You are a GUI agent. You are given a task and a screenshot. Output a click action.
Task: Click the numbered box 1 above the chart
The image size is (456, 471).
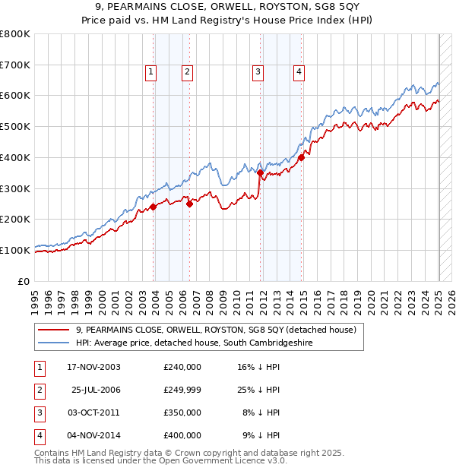pyautogui.click(x=150, y=72)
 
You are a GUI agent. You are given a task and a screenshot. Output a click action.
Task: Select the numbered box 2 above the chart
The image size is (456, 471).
pyautogui.click(x=186, y=72)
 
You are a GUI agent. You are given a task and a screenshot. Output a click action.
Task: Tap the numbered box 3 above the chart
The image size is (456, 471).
pyautogui.click(x=258, y=72)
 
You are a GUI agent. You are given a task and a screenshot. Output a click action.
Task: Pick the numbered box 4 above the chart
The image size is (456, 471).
pyautogui.click(x=299, y=72)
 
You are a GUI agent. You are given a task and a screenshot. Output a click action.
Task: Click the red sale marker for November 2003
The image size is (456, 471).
pyautogui.click(x=153, y=206)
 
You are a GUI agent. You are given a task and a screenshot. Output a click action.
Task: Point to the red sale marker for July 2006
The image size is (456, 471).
pyautogui.click(x=189, y=203)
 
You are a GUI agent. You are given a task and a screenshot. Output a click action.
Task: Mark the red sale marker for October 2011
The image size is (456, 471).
pyautogui.click(x=260, y=172)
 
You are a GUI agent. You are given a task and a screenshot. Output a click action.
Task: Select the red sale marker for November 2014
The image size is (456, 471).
pyautogui.click(x=302, y=157)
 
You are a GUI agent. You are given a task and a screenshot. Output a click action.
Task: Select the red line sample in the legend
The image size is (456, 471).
pyautogui.click(x=53, y=330)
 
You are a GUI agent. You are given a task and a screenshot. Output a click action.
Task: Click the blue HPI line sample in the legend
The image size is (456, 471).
pyautogui.click(x=53, y=343)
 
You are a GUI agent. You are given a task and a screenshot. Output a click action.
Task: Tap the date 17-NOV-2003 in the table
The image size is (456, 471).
pyautogui.click(x=93, y=367)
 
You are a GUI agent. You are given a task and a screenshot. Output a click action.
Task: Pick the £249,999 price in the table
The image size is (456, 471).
pyautogui.click(x=182, y=390)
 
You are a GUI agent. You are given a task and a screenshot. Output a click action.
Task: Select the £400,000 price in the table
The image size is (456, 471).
pyautogui.click(x=182, y=435)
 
